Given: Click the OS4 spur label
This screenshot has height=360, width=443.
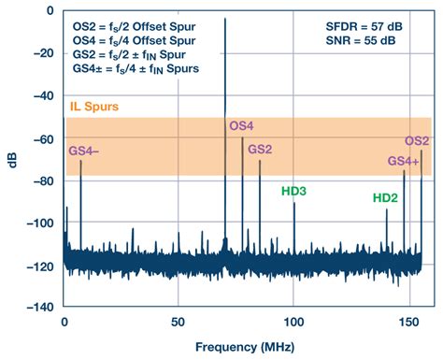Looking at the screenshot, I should click(241, 126).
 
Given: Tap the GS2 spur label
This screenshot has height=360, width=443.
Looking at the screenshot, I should click(261, 150).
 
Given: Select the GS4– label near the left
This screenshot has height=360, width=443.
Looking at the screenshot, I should click(82, 150).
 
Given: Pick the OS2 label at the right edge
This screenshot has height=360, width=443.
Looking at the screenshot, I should click(416, 141).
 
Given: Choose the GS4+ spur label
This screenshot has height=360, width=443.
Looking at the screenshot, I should click(404, 161).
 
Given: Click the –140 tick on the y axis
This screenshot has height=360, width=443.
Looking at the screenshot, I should click(38, 307).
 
